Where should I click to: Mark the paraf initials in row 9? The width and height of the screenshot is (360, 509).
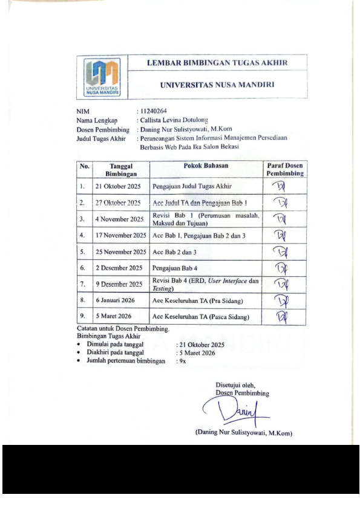(x=283, y=316)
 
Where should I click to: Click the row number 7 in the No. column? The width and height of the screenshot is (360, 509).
(x=82, y=284)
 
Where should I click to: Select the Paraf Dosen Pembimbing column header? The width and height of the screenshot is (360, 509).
(x=284, y=169)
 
